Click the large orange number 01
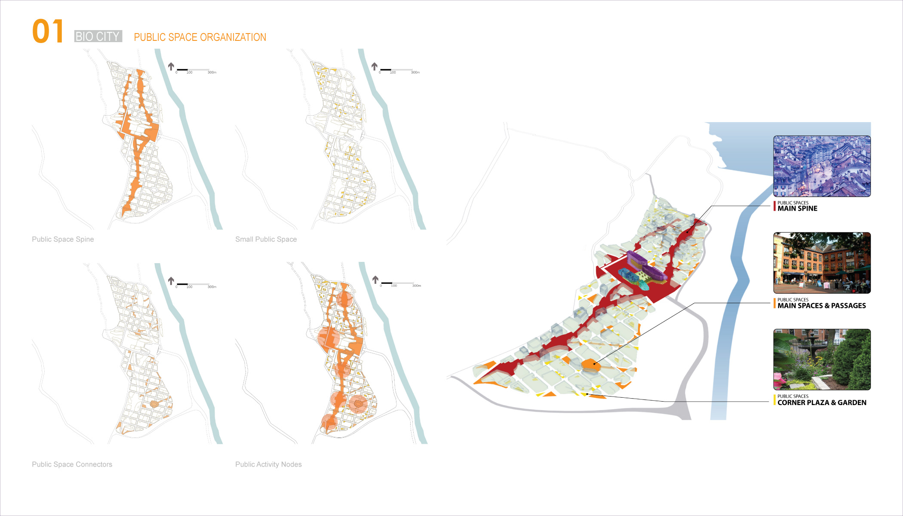tap(48, 31)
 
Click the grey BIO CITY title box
tap(98, 37)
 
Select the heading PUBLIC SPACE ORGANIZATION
tap(200, 37)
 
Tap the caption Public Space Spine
tap(63, 239)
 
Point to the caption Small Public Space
tap(266, 239)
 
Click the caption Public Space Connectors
tap(72, 464)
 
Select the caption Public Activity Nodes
tap(268, 464)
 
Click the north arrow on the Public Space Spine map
tap(171, 66)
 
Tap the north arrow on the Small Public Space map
tap(375, 66)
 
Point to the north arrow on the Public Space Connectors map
tap(171, 281)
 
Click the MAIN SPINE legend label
tap(797, 209)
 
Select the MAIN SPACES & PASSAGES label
tap(821, 306)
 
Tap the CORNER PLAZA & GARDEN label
tap(822, 402)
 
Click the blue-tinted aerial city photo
tap(822, 166)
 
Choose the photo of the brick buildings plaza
tap(822, 263)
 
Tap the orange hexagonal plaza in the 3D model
tap(590, 365)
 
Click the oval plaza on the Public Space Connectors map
tap(154, 404)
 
